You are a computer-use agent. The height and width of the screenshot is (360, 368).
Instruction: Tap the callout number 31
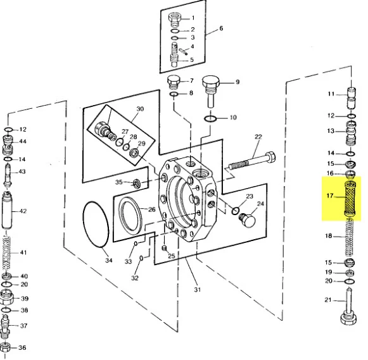[198, 289]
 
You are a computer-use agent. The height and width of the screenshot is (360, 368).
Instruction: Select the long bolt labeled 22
[252, 161]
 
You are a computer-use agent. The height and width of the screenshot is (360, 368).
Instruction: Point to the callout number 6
[221, 28]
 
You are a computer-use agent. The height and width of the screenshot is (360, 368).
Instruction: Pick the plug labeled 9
[210, 91]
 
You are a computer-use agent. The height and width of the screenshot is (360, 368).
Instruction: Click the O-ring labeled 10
[210, 119]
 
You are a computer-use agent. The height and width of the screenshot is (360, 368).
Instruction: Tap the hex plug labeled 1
[175, 20]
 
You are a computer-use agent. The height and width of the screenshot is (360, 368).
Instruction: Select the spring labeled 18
[350, 237]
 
